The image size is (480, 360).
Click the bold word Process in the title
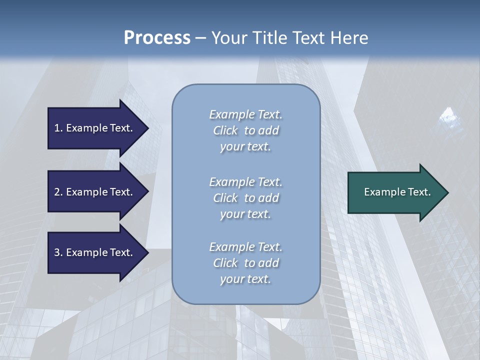[157, 38]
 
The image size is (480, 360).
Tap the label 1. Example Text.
[93, 128]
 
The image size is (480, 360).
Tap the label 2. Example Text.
[93, 192]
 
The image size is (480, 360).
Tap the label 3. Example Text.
[93, 252]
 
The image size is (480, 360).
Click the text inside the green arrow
[397, 192]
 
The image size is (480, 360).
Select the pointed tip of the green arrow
[447, 192]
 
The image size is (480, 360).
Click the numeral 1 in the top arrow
[57, 128]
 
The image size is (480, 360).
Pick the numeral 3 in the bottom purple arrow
[57, 252]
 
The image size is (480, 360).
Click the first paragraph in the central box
[245, 130]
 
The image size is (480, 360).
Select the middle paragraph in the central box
[245, 197]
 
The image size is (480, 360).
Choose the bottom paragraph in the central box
[245, 263]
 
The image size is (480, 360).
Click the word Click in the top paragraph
[225, 130]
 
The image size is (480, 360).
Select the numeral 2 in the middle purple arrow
[57, 192]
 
